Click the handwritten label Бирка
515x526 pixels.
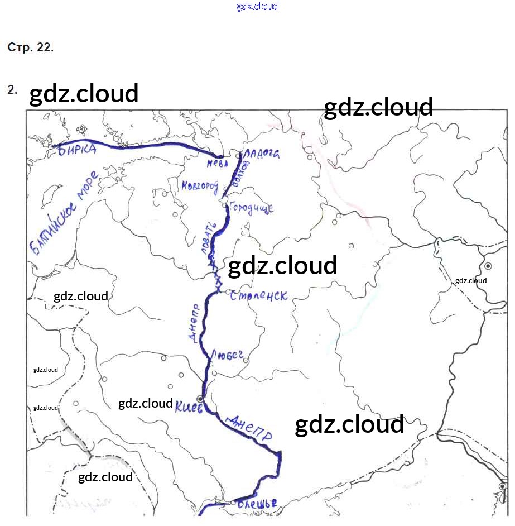(x=77, y=150)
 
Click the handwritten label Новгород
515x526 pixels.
(x=199, y=187)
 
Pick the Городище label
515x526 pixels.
(x=251, y=208)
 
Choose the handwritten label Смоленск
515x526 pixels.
(x=259, y=295)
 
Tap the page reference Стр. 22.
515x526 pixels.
(x=31, y=47)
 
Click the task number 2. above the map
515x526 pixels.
(x=12, y=89)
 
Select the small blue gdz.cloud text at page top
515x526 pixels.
(x=257, y=7)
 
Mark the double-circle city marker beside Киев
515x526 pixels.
(x=200, y=398)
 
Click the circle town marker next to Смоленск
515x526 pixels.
(x=228, y=291)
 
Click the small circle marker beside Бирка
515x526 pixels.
(x=51, y=147)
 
